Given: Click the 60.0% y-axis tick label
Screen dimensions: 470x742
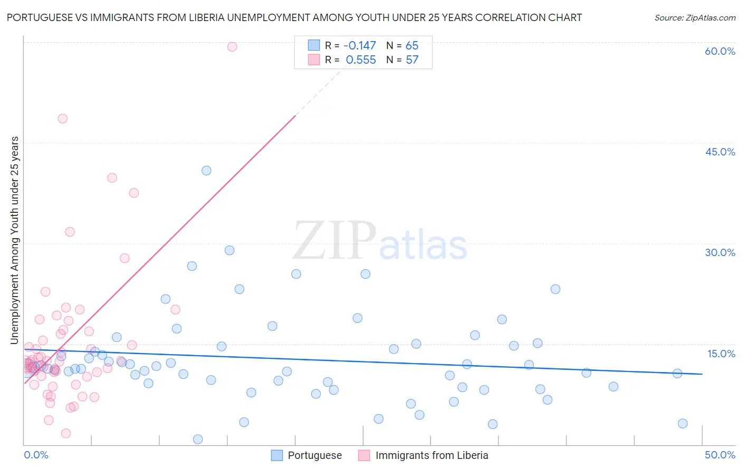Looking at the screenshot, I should coord(720,52).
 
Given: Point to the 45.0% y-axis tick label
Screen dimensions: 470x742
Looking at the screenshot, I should coord(720,152).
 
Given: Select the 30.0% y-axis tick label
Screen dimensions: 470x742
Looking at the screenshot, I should coord(720,252).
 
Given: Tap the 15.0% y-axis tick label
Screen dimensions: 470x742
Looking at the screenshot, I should coord(721,354).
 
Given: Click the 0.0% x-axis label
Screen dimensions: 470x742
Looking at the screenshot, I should coord(36,455).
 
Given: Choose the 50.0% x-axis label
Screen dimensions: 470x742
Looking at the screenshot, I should coord(720,455).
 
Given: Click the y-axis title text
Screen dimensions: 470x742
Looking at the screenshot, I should coord(15,240).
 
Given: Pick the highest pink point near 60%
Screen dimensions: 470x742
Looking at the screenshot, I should coord(232,47).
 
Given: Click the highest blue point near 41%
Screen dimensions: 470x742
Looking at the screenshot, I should coord(206,171).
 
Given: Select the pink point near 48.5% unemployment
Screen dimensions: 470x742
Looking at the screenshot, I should coord(63,119).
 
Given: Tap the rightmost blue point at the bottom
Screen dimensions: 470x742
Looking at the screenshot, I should coord(682,424).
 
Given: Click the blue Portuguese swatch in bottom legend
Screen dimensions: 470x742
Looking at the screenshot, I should coord(277,455).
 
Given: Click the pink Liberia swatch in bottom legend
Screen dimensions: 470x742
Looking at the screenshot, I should coord(364,455).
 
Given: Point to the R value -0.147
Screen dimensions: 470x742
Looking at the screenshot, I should coord(359,46).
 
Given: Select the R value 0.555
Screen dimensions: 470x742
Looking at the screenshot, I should coord(360,60).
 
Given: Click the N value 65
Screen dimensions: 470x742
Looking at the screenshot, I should coord(412,46).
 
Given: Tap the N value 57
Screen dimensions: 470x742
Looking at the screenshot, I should coord(412,60).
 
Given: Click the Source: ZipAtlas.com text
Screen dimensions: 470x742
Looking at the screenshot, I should coord(695,18).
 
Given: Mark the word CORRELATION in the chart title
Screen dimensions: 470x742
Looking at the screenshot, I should coord(507,17).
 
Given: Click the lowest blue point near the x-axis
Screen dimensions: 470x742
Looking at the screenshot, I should coord(198,439).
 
